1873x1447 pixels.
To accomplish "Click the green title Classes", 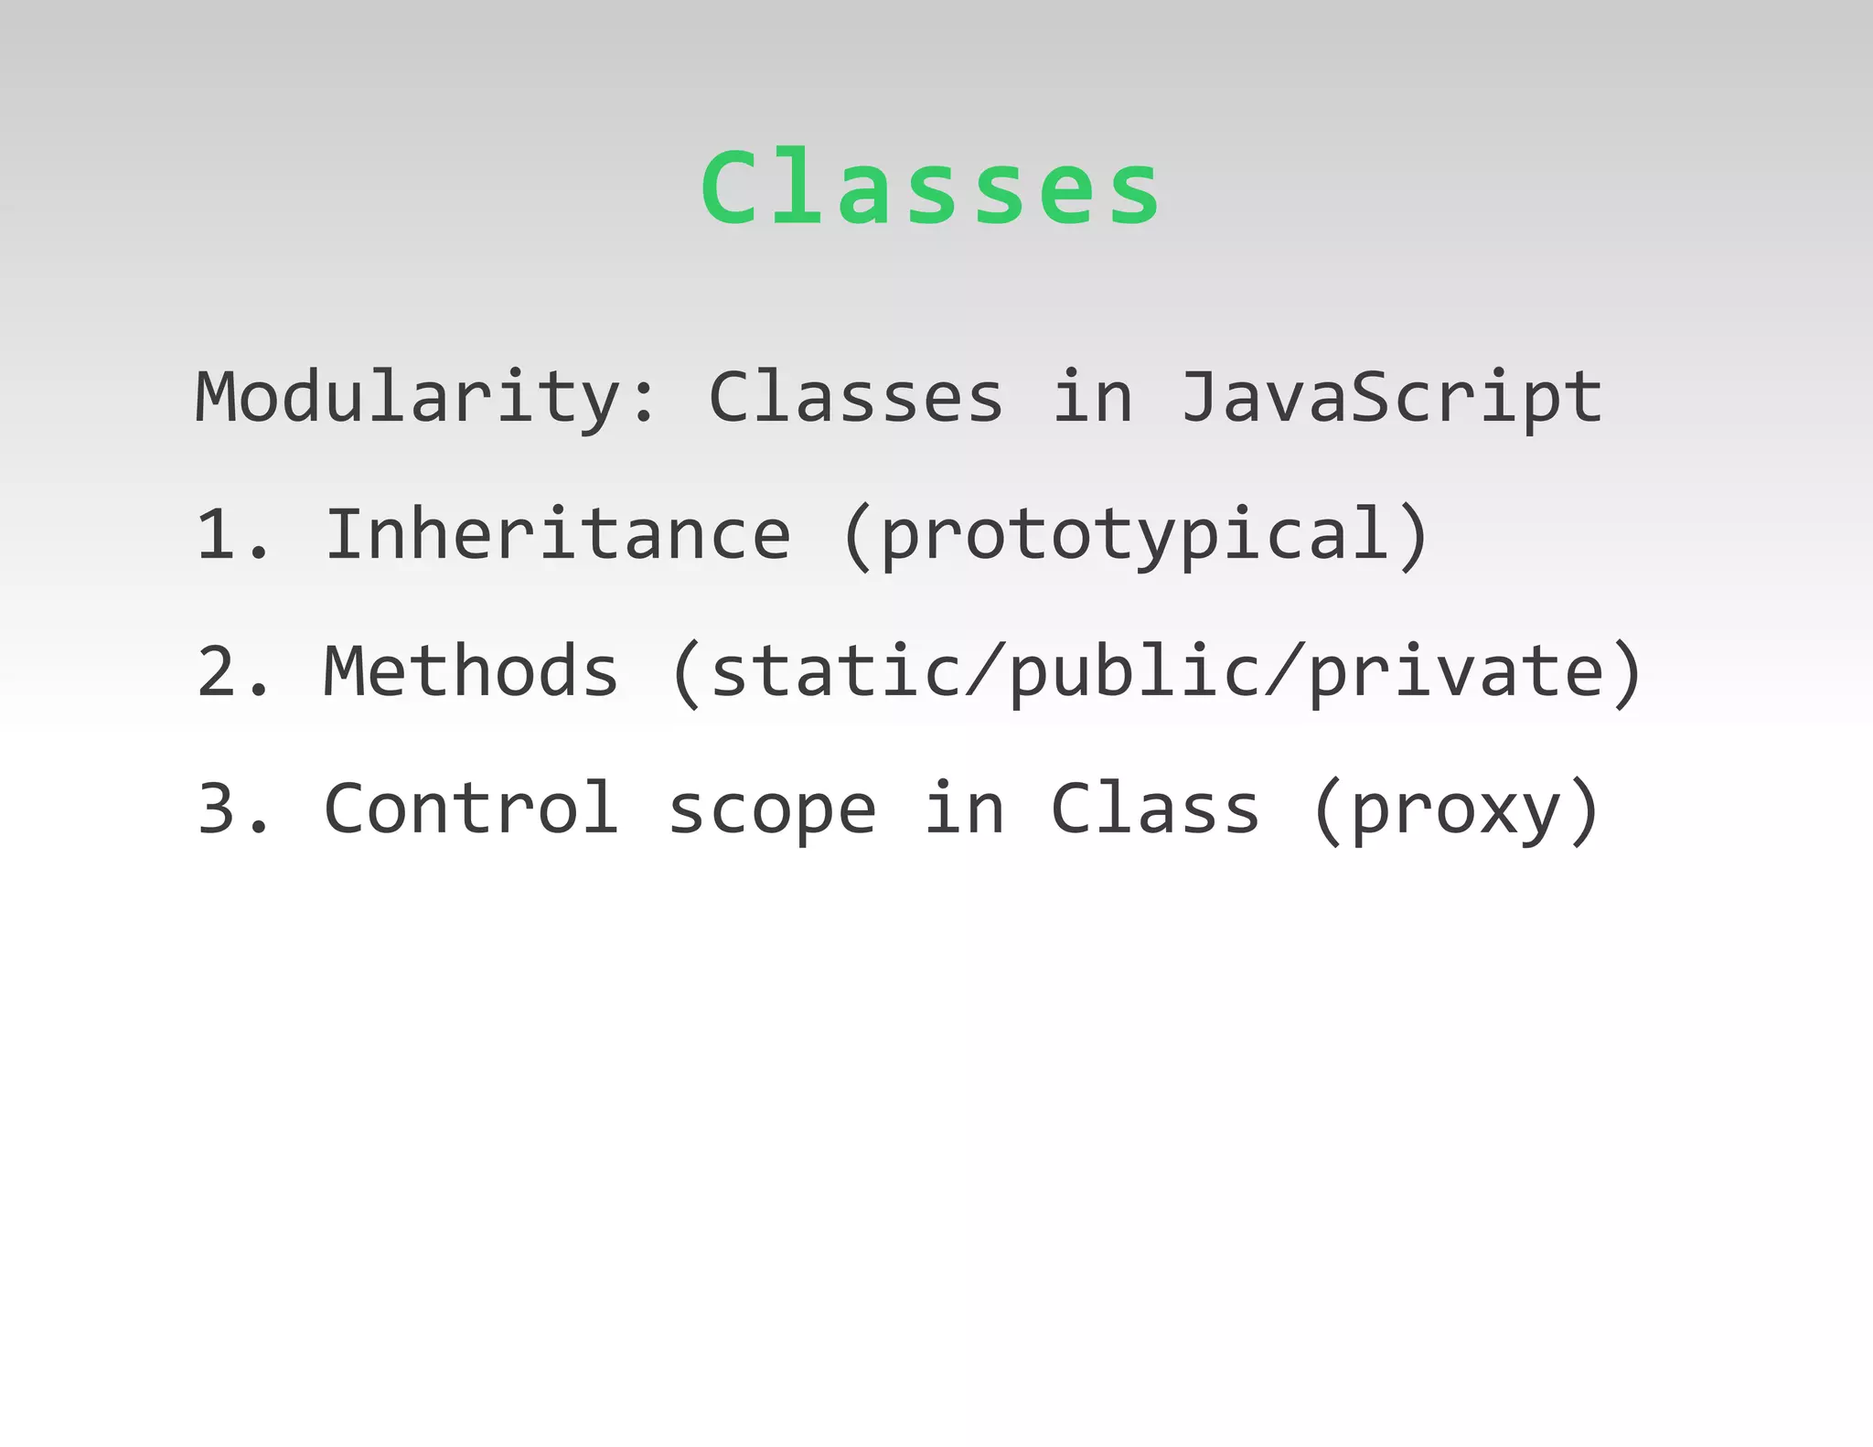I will point(930,188).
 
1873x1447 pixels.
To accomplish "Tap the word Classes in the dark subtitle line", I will point(856,398).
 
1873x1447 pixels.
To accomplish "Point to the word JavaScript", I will point(1391,398).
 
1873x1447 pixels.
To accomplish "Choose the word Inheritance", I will point(558,534).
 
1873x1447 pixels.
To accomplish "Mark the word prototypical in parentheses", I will point(1135,536).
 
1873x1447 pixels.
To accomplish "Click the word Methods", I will point(471,671).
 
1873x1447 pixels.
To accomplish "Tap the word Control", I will point(471,809).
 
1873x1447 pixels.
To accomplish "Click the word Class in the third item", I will point(1156,809).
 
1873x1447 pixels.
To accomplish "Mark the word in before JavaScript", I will point(1093,398).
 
